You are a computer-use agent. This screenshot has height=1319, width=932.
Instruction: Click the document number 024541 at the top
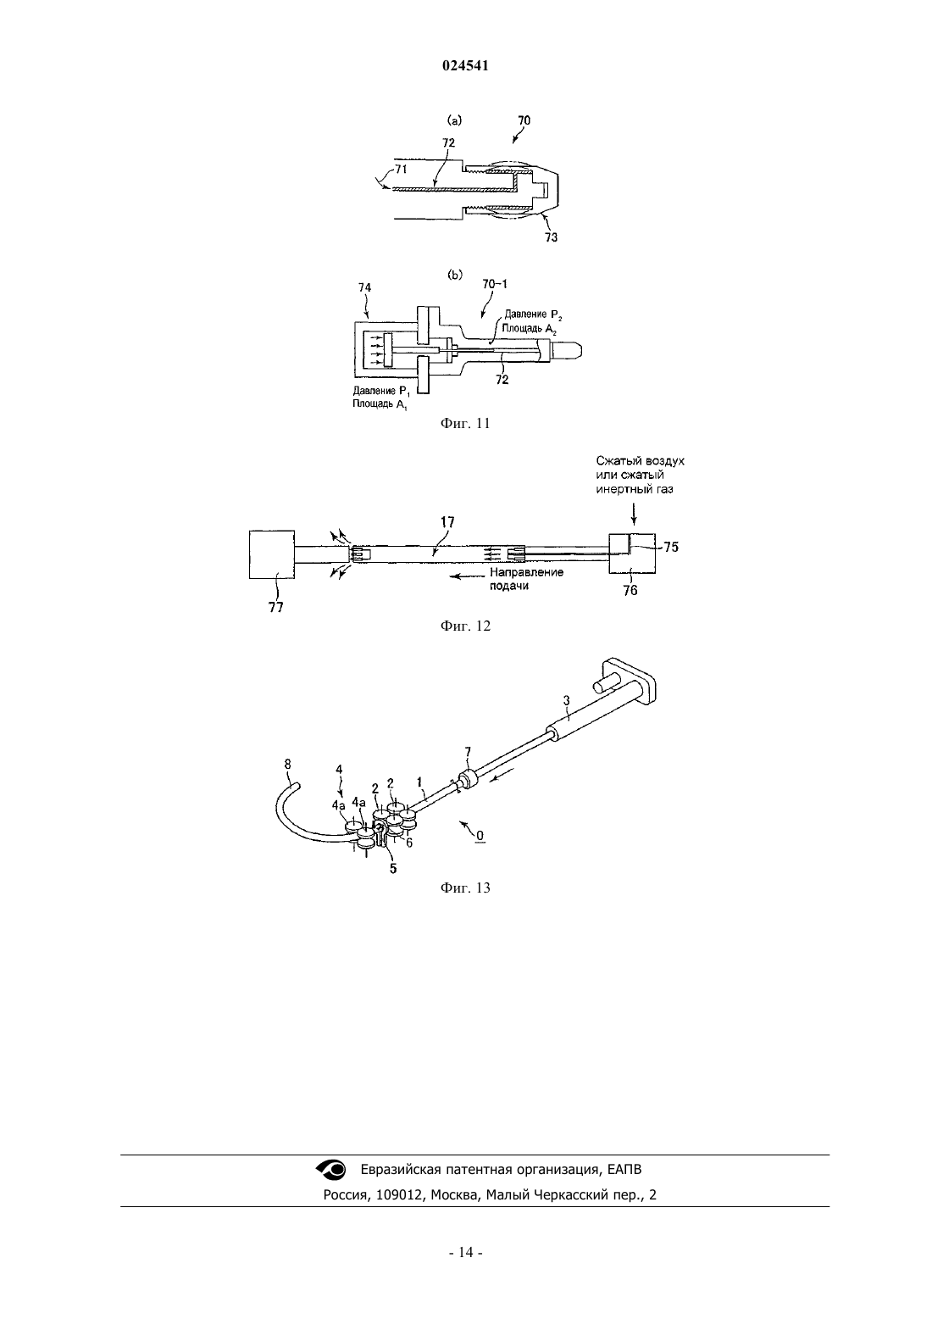pos(465,66)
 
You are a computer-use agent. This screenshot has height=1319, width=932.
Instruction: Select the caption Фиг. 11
pos(465,423)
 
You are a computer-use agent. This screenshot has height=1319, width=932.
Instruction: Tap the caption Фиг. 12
pos(465,626)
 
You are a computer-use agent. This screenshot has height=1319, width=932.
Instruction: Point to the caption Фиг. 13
pos(465,888)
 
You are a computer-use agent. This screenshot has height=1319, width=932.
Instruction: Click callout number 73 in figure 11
pos(551,237)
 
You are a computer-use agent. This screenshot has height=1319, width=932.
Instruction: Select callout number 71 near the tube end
pos(401,169)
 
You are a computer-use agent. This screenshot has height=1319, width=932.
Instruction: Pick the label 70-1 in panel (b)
pos(495,284)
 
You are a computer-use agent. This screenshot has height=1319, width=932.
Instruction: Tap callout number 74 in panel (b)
pos(365,287)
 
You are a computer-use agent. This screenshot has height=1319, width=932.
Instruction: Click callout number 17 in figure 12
pos(447,521)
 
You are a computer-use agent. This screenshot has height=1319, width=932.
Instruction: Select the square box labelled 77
pos(272,554)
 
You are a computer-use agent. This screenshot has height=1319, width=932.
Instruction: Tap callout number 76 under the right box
pos(630,590)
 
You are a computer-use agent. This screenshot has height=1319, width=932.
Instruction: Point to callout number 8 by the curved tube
pos(287,764)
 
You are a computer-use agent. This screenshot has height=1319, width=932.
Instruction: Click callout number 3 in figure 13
pos(566,700)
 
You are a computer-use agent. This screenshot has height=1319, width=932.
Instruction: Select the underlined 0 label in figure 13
pos(480,835)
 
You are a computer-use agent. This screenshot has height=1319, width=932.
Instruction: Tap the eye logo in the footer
pos(330,1169)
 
